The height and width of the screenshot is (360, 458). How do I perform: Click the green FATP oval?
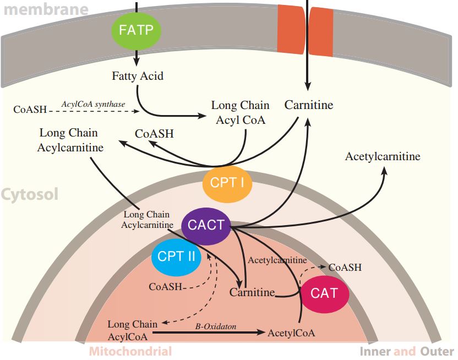coord(137,30)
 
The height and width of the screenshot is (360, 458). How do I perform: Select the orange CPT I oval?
coord(227,183)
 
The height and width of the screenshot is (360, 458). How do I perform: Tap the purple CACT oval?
coord(206,225)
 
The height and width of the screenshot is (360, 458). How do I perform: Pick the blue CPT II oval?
coord(177,257)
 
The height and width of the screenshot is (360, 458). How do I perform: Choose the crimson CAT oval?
coord(324,293)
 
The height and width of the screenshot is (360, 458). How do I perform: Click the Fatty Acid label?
coord(138,76)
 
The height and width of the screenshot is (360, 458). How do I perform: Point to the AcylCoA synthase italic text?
coord(93,103)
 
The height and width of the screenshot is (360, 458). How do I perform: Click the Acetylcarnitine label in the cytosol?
coord(383,157)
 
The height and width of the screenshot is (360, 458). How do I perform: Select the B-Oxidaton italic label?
coord(216,326)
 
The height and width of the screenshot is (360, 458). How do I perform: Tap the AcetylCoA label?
coord(291,333)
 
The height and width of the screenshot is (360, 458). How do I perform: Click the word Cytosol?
coord(29,195)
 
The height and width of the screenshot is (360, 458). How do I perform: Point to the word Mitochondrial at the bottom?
coord(130,352)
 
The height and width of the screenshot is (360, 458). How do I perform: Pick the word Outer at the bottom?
coord(438,352)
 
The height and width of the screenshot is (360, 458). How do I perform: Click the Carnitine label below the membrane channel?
coord(309,105)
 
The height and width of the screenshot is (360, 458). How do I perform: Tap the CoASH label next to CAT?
coord(345,267)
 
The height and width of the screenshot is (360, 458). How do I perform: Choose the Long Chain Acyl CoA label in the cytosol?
coord(240,112)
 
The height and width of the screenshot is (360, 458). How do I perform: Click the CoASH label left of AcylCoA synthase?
coord(30,109)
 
